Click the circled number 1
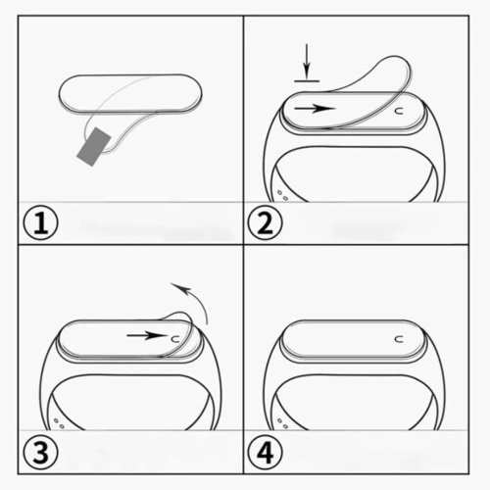click(41, 223)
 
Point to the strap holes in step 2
click(282, 193)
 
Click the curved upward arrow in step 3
click(192, 300)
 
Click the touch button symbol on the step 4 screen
click(400, 338)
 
